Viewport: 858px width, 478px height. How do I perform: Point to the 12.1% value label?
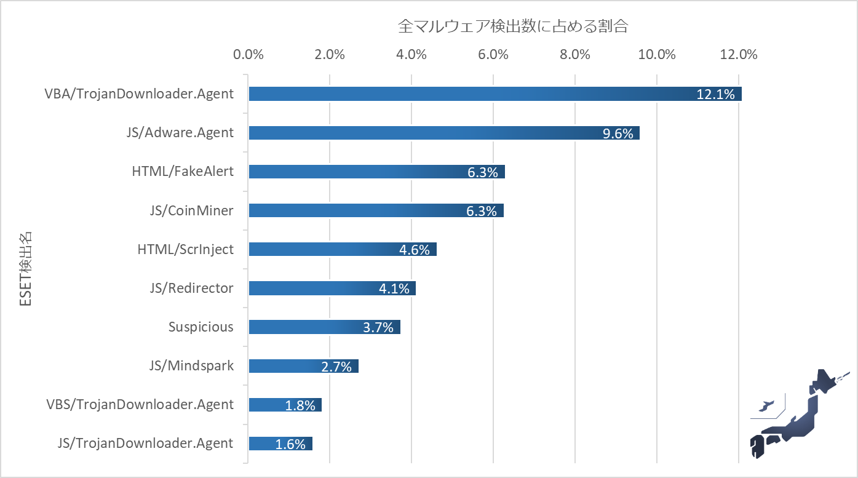pos(715,95)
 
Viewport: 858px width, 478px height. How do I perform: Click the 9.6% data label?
pos(618,133)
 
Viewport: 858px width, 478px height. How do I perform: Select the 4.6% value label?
pos(414,250)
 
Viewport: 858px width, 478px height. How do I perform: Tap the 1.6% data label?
pos(290,444)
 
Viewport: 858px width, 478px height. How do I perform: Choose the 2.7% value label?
pos(336,367)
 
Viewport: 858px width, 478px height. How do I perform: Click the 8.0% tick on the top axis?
pos(575,54)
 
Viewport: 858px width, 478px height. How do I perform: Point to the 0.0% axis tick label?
pos(248,54)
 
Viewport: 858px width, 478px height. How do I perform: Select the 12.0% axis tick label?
pos(738,54)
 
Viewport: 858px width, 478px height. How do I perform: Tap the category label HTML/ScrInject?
pos(185,249)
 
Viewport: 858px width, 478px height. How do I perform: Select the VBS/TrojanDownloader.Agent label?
pos(140,404)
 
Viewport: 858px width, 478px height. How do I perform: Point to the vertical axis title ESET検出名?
pos(25,268)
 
